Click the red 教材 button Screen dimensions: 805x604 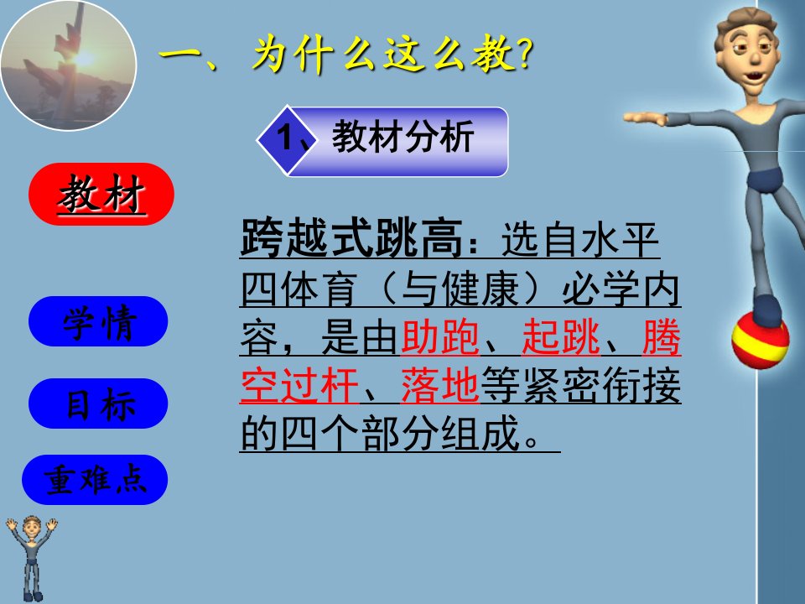pyautogui.click(x=101, y=194)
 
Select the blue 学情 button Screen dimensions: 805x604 pyautogui.click(x=98, y=321)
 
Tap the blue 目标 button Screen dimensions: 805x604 pyautogui.click(x=98, y=404)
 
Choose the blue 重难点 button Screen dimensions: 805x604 pyautogui.click(x=95, y=480)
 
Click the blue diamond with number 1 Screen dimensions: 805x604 pyautogui.click(x=288, y=138)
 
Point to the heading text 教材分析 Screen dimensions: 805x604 pyautogui.click(x=402, y=137)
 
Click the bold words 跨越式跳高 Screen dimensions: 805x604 pyautogui.click(x=351, y=237)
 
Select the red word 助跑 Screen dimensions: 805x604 pyautogui.click(x=440, y=337)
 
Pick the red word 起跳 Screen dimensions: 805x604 pyautogui.click(x=561, y=337)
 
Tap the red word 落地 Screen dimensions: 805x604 pyautogui.click(x=440, y=385)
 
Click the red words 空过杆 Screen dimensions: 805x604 pyautogui.click(x=299, y=385)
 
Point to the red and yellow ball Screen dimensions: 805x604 pyautogui.click(x=761, y=341)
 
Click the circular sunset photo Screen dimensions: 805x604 pyautogui.click(x=69, y=65)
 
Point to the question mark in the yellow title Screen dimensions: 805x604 pyautogui.click(x=524, y=54)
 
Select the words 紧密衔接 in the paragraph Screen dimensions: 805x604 pyautogui.click(x=602, y=385)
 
